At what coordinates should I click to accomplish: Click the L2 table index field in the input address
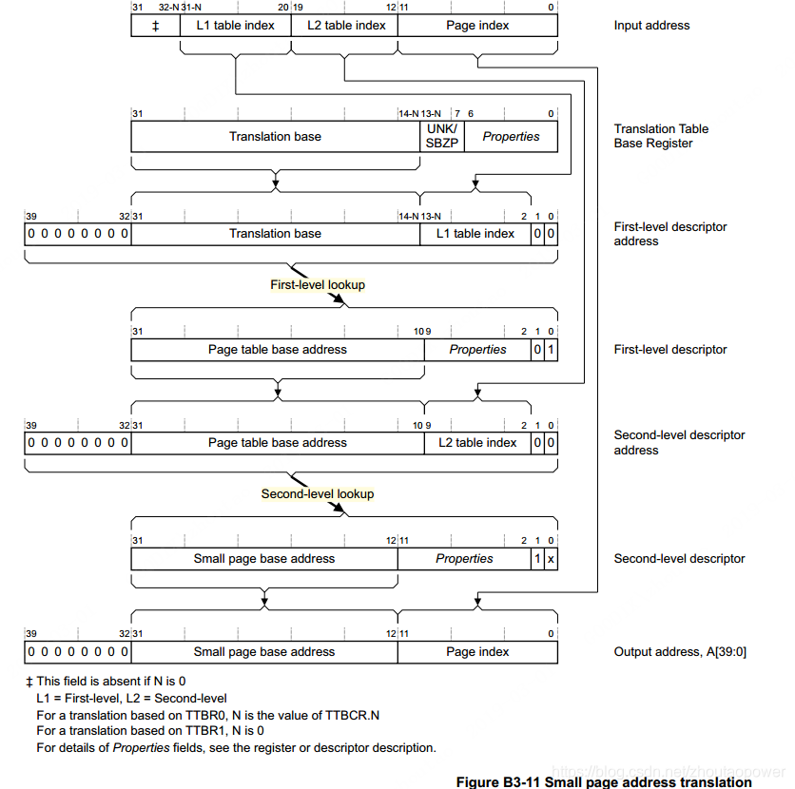346,26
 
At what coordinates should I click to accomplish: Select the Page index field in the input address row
477,26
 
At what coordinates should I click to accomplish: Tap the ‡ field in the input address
155,26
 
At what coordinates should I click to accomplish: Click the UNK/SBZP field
441,137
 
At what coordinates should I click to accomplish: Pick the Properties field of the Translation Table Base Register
511,137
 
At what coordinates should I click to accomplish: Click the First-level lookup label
318,284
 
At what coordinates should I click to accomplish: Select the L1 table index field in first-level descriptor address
475,234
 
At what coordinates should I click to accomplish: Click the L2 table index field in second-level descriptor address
477,443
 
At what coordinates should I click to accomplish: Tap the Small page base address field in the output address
264,652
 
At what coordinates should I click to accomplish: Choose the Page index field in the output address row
477,652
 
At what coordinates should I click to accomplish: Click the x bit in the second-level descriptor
551,559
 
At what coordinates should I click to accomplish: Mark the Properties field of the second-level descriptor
464,559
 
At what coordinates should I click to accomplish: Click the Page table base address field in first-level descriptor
278,350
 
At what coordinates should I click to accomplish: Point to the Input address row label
651,26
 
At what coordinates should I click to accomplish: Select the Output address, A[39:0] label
680,652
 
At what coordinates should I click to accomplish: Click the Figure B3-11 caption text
604,782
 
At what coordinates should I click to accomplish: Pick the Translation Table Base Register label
661,136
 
